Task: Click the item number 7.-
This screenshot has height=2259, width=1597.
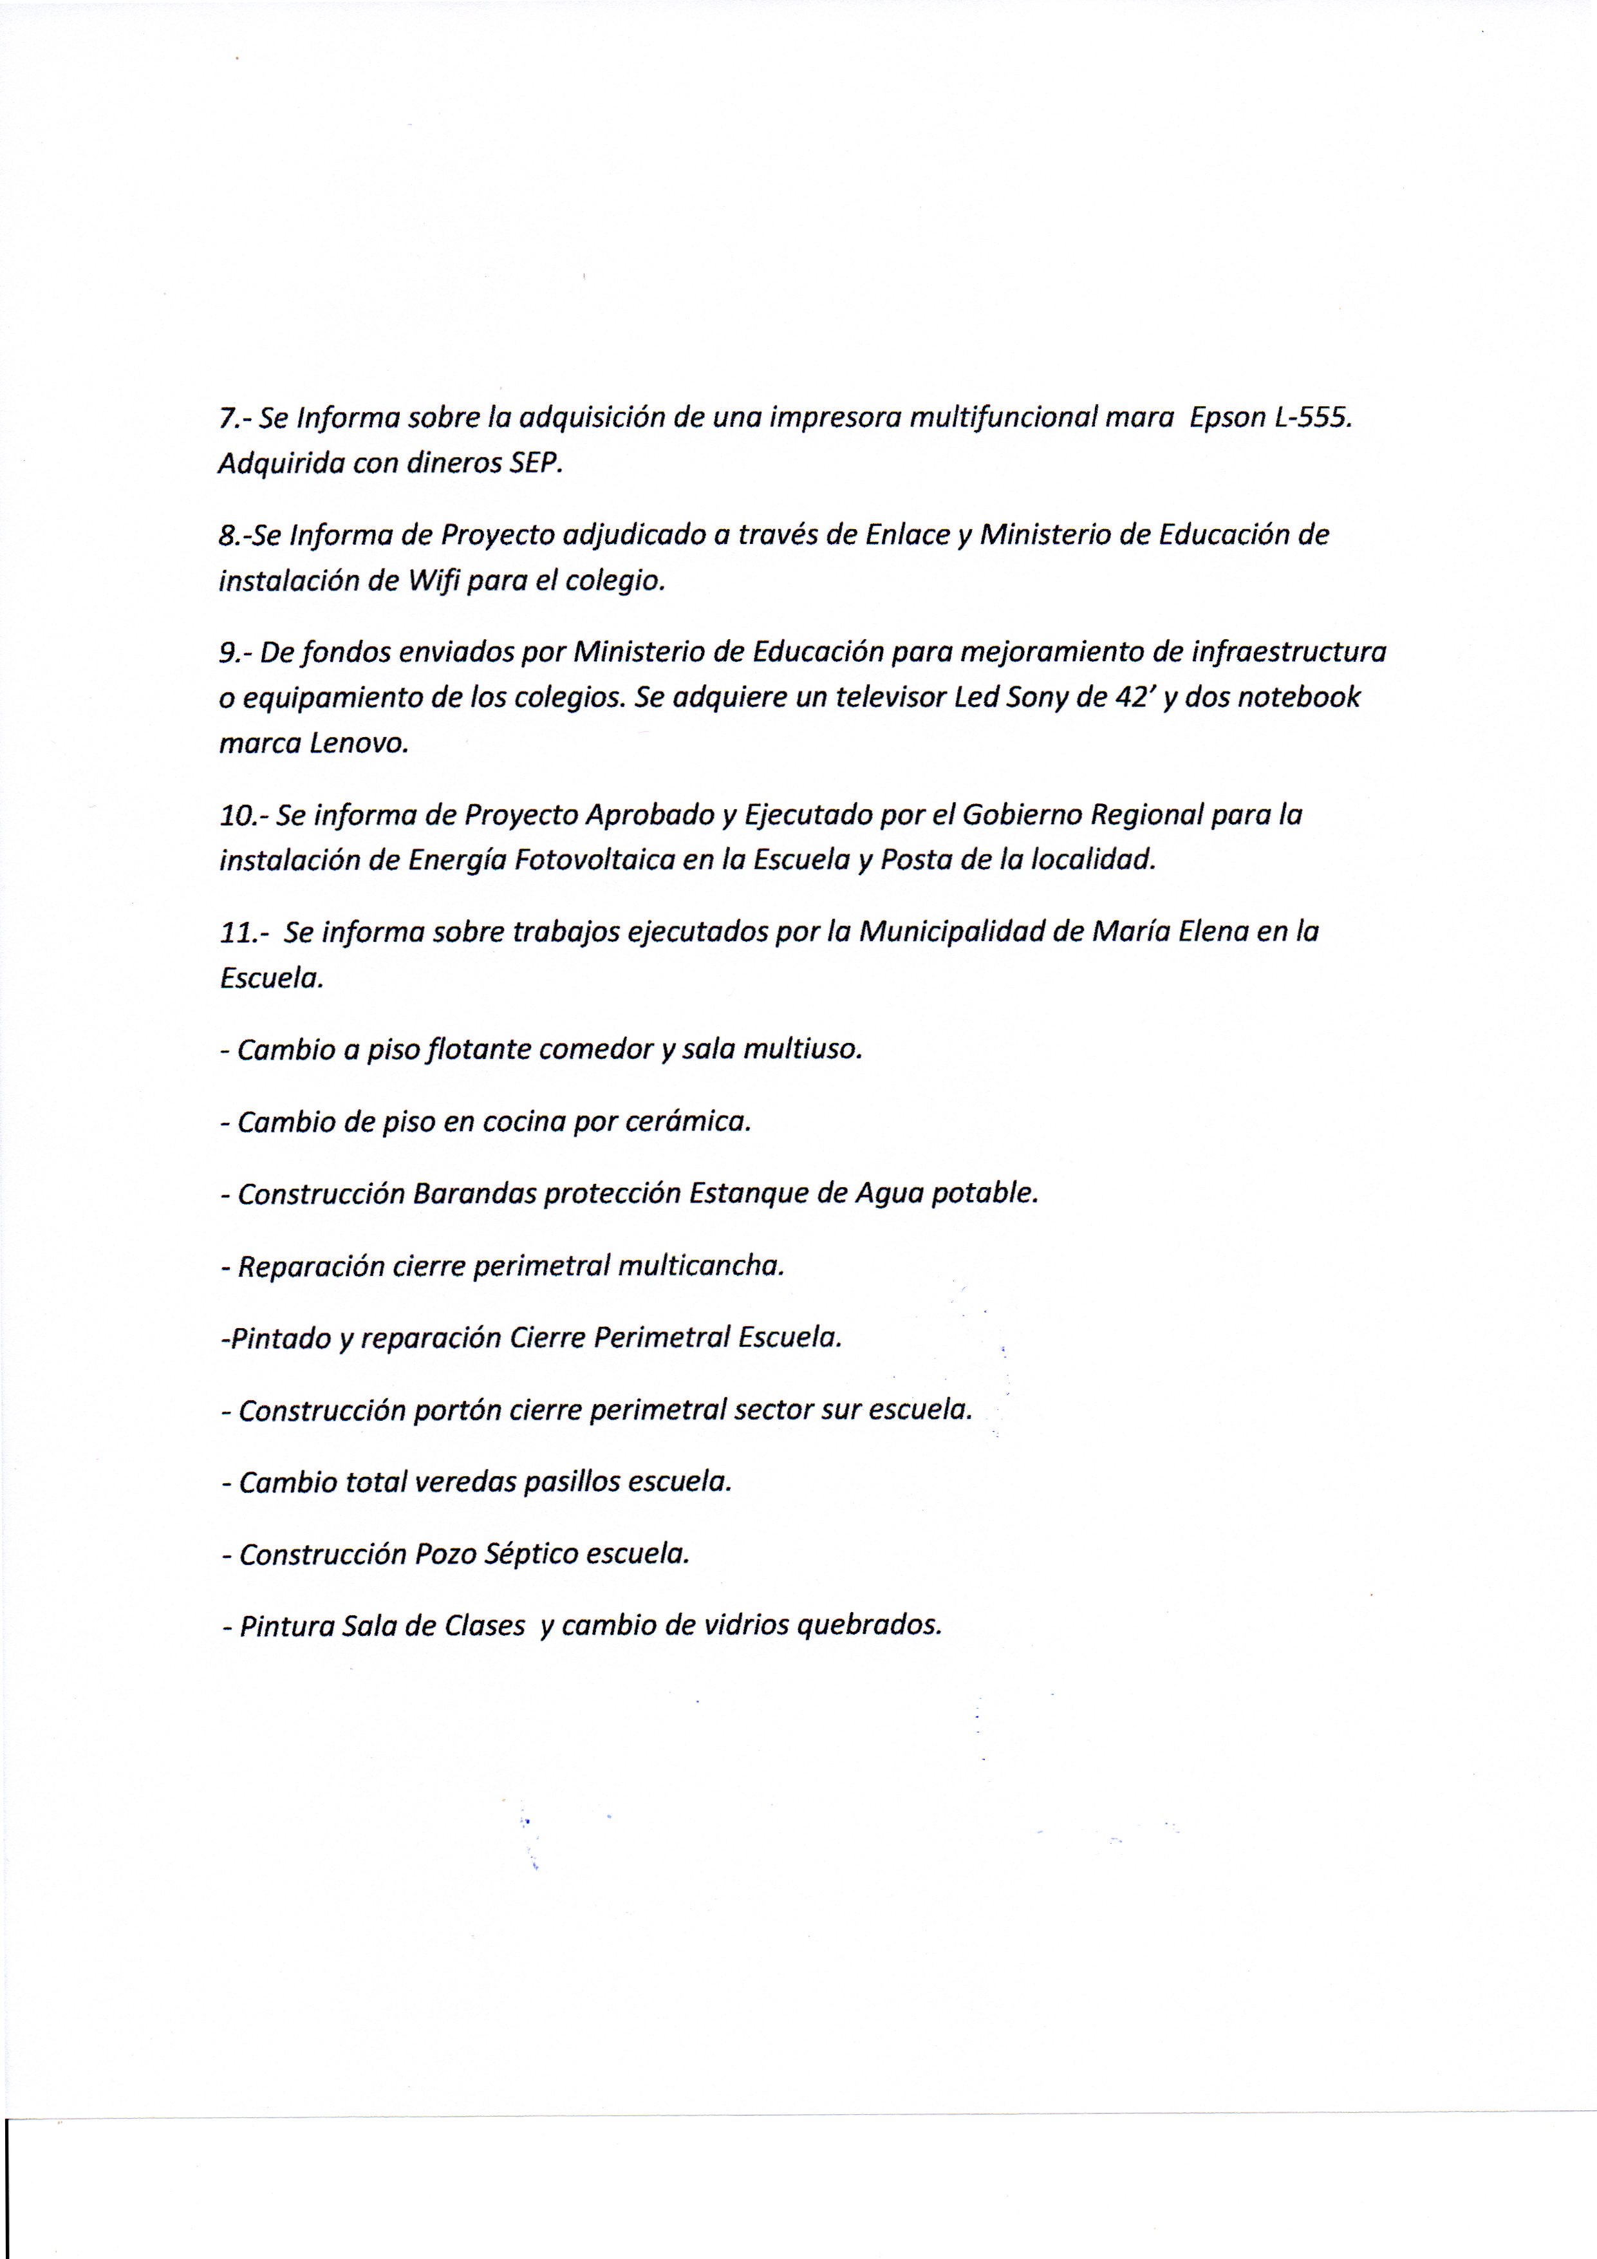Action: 236,418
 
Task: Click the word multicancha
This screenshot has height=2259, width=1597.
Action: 700,1266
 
